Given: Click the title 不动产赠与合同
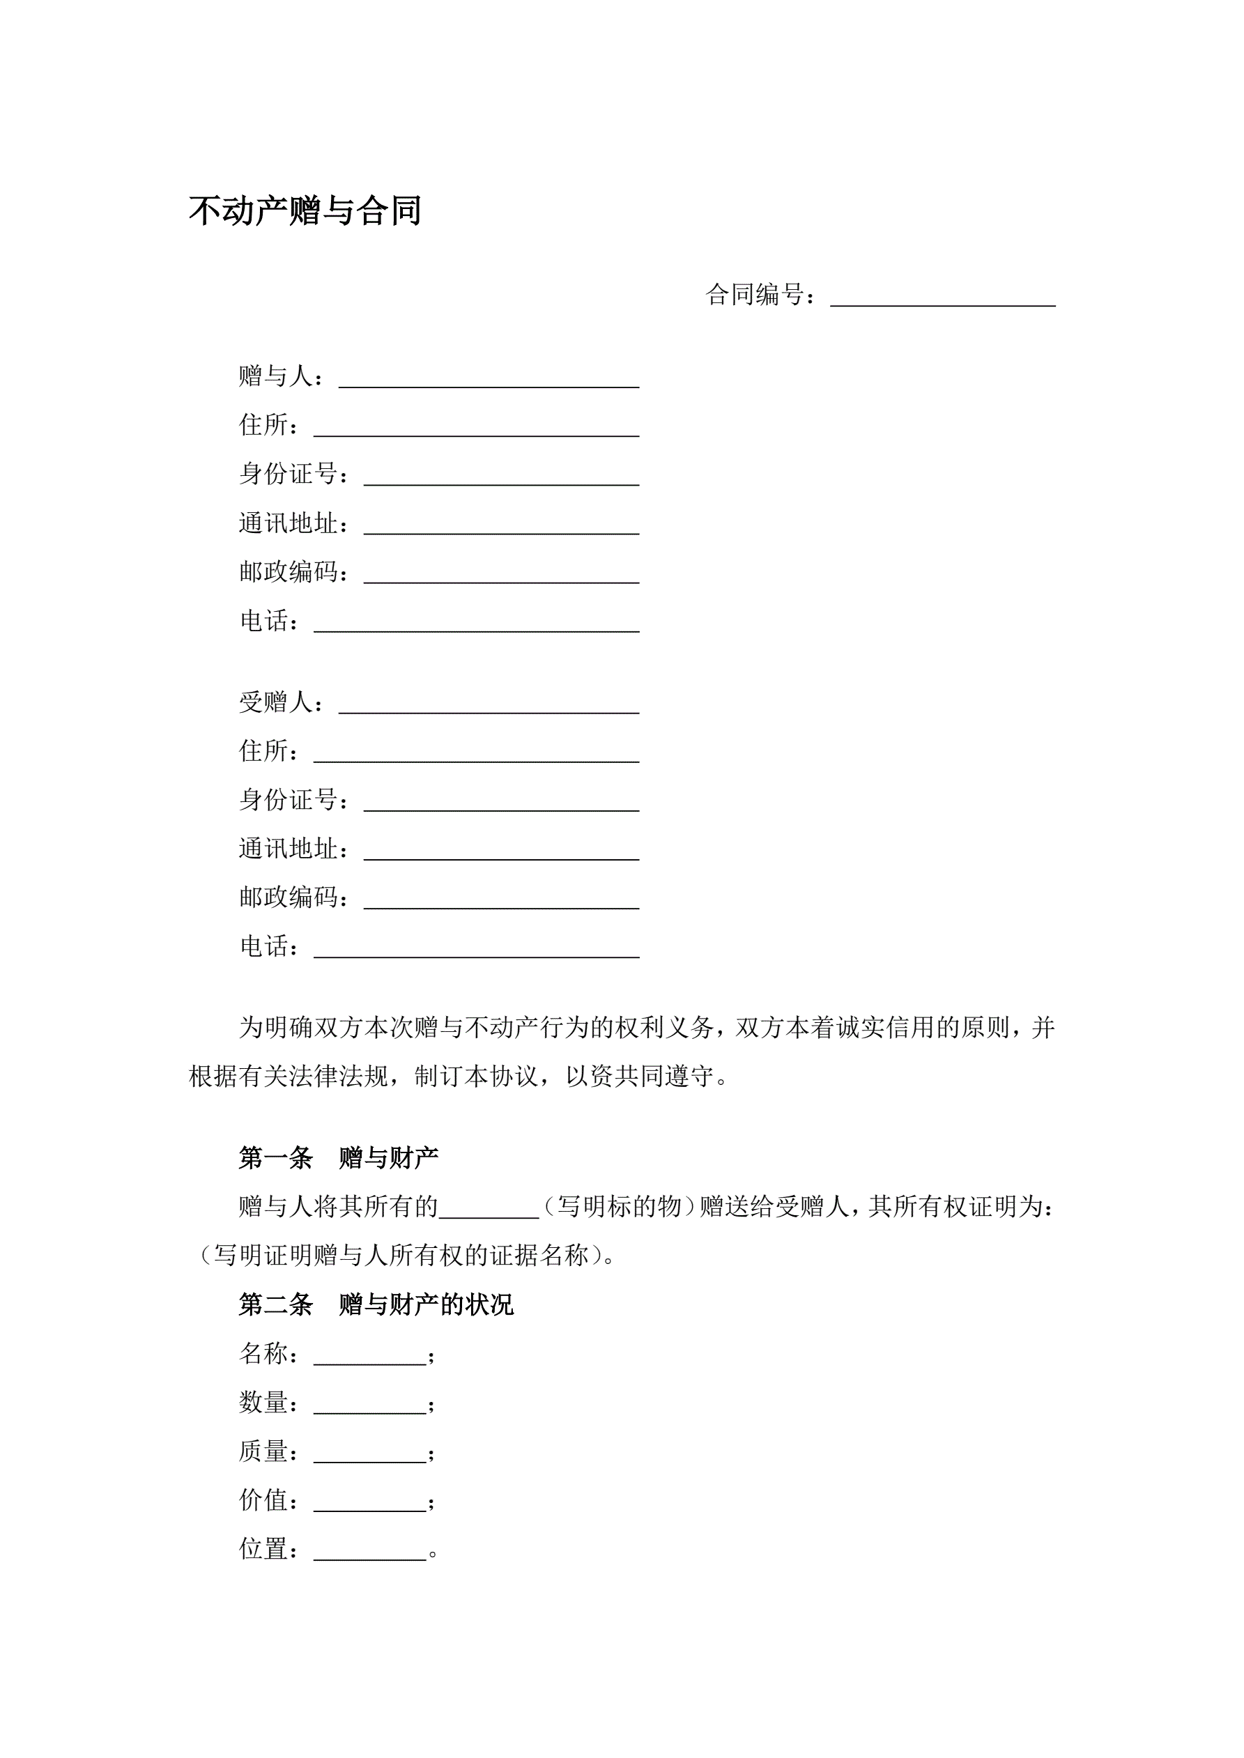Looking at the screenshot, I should (305, 210).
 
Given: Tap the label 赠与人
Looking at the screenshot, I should (276, 376).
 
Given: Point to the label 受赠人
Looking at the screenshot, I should (276, 702).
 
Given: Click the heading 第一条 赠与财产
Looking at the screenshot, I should (338, 1157).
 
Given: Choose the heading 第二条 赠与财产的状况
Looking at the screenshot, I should (376, 1304).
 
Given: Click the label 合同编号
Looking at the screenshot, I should (755, 295).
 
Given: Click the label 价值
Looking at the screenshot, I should (263, 1501).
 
